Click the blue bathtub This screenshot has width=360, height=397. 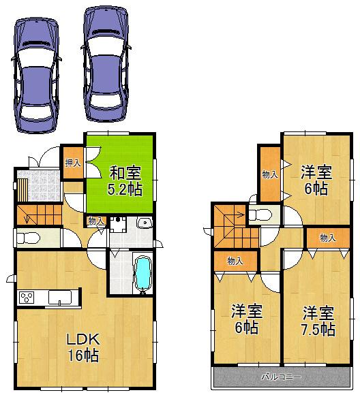coord(142,274)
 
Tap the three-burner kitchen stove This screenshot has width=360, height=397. coord(27,298)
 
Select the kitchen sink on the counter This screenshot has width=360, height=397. coord(60,298)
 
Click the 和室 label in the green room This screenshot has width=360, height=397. coord(125,173)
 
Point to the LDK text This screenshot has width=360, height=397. coord(83,339)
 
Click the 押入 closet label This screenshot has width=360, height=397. coord(73,163)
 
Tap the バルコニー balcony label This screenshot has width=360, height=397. coord(282,377)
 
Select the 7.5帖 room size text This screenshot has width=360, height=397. coord(318,330)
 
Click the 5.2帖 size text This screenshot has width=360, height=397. coord(125,189)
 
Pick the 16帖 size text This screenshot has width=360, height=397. coord(83,355)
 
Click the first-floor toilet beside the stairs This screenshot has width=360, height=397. coord(28,238)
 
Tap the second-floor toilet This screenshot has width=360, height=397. coord(260,215)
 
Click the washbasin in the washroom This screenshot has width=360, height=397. coord(144,223)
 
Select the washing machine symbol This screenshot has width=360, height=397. coord(118,224)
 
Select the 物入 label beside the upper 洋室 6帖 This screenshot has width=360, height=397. coord(270,174)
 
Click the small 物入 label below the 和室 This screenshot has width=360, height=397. coord(96,221)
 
